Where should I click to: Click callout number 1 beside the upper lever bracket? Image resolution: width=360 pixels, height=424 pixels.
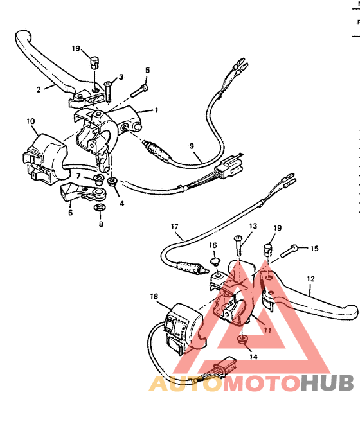point(156,110)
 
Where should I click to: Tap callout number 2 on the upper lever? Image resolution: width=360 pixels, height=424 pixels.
point(38,89)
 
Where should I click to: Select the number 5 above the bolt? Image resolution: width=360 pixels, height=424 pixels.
point(147,70)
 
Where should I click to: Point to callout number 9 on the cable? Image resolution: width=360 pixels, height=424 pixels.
point(191,146)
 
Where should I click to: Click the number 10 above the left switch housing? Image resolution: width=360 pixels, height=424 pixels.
point(30,121)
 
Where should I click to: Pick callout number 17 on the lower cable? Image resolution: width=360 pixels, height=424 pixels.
point(174,227)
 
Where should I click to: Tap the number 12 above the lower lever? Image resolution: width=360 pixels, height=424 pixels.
point(310,279)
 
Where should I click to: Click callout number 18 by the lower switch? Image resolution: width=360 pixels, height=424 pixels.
point(154,297)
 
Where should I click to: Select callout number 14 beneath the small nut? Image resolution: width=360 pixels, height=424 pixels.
point(253,356)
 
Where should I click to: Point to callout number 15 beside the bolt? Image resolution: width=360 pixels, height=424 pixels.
point(314,249)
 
